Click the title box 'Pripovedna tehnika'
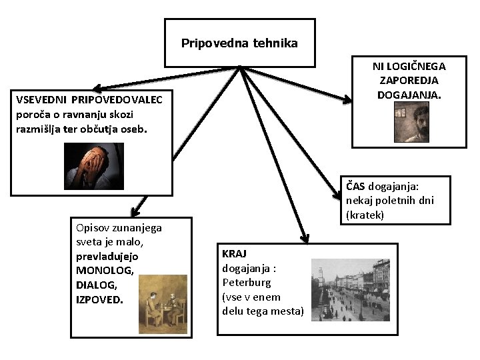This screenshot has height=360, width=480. (239, 43)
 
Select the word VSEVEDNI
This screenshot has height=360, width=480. (41, 101)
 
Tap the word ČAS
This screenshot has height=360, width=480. (355, 187)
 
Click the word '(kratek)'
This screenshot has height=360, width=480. (366, 216)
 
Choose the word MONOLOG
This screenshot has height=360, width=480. (105, 269)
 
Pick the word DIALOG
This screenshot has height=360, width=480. (95, 285)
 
